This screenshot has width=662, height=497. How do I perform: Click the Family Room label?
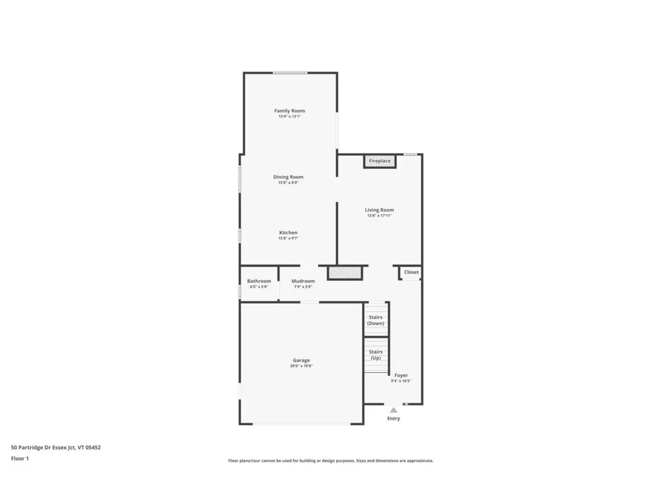pyautogui.click(x=289, y=111)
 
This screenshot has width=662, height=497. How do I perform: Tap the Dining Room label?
pyautogui.click(x=288, y=177)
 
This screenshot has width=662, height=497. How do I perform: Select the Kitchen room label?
pyautogui.click(x=288, y=232)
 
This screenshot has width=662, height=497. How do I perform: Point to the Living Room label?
pyautogui.click(x=379, y=210)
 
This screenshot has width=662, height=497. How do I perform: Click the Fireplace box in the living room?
pyautogui.click(x=379, y=160)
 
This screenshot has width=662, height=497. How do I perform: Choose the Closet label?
pyautogui.click(x=411, y=272)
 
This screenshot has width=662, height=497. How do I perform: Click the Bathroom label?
pyautogui.click(x=259, y=281)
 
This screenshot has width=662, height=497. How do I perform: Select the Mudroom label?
pyautogui.click(x=303, y=281)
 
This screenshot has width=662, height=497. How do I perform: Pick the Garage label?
pyautogui.click(x=301, y=360)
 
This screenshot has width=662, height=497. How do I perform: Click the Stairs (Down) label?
pyautogui.click(x=376, y=320)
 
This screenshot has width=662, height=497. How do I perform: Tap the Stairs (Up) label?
pyautogui.click(x=376, y=355)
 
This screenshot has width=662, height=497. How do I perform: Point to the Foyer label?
pyautogui.click(x=401, y=375)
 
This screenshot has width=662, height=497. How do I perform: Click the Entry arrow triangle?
pyautogui.click(x=393, y=410)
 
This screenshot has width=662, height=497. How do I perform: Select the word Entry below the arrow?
pyautogui.click(x=393, y=419)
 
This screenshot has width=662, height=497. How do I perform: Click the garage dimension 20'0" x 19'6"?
pyautogui.click(x=301, y=366)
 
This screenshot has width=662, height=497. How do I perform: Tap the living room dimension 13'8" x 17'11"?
pyautogui.click(x=379, y=215)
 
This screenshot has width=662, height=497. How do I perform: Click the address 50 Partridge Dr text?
pyautogui.click(x=56, y=447)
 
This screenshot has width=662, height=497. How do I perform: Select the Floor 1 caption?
pyautogui.click(x=20, y=458)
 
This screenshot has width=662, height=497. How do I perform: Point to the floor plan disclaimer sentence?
pyautogui.click(x=330, y=461)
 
